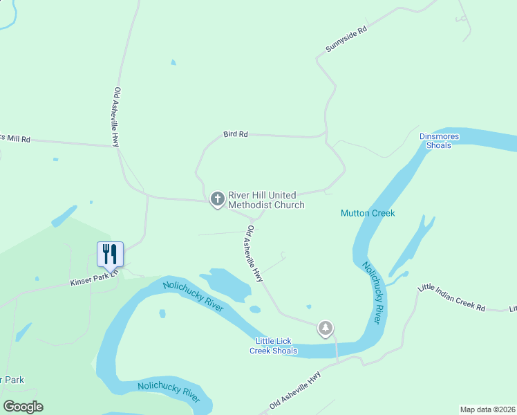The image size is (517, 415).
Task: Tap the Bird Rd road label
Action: click(x=236, y=134)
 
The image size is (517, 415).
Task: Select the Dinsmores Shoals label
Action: click(x=439, y=141)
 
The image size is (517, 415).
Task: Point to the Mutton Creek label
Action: click(x=368, y=213)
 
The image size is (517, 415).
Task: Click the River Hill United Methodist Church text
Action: click(x=266, y=200)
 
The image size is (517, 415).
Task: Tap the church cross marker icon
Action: click(x=217, y=200)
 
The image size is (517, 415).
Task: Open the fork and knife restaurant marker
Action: click(x=110, y=255)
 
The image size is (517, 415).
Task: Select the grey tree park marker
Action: click(x=326, y=328)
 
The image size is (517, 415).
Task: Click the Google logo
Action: click(x=23, y=407)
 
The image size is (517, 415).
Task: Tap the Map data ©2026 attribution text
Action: click(x=487, y=409)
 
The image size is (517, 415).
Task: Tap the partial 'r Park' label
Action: click(x=12, y=380)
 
